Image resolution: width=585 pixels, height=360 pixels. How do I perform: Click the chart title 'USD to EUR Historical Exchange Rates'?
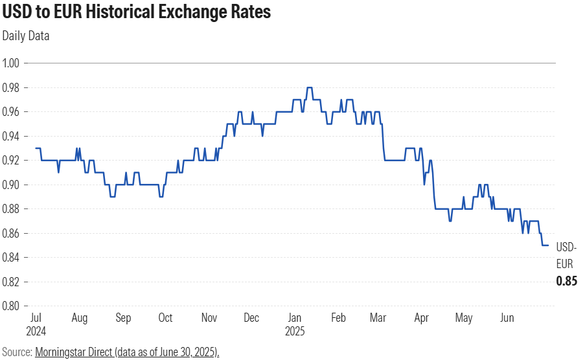point(137,12)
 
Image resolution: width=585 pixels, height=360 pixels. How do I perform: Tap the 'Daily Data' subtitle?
point(26,36)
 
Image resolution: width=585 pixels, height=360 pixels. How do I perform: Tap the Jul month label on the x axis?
point(36,318)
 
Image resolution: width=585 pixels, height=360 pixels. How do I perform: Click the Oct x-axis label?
point(165,318)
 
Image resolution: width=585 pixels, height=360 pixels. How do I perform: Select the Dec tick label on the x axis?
point(251,318)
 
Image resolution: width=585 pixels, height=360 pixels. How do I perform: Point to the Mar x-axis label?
point(378,318)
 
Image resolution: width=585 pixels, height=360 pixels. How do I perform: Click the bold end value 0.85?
point(566,282)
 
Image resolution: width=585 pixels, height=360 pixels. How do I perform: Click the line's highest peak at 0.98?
point(310,87)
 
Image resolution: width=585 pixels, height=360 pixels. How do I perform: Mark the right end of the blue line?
point(548,245)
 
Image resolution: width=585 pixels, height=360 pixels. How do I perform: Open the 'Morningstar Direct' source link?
point(127,352)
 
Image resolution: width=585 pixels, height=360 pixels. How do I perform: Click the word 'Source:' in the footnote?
point(17,352)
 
